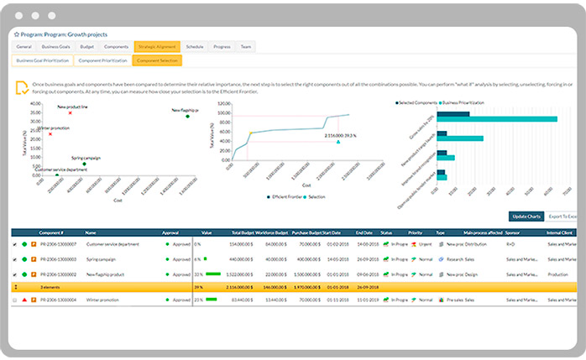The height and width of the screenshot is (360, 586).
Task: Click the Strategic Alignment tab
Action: [x=155, y=47]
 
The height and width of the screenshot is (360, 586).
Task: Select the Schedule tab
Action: [x=194, y=47]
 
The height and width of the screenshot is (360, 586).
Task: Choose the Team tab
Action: [x=246, y=47]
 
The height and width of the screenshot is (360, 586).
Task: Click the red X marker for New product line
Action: [x=70, y=112]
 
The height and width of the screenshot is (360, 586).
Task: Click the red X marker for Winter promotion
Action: [x=50, y=133]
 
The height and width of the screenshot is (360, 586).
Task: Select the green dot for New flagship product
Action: [x=187, y=117]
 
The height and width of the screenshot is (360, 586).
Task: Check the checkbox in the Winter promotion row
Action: [x=14, y=299]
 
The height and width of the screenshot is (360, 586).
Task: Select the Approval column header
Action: [x=170, y=232]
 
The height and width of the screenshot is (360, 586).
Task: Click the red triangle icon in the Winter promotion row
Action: [x=24, y=299]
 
